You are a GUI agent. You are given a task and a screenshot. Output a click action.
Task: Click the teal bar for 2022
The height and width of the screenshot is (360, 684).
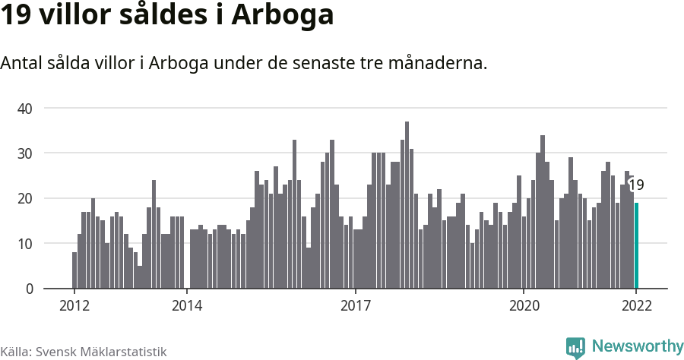636,245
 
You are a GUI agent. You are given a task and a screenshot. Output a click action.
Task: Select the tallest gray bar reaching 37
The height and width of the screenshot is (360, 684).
407,205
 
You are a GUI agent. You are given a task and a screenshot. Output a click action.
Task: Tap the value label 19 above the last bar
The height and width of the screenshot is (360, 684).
636,185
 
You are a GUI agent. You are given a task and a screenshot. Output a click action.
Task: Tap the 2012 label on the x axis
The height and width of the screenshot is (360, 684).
74,306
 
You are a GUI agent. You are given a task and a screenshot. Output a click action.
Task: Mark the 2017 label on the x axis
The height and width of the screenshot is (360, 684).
355,306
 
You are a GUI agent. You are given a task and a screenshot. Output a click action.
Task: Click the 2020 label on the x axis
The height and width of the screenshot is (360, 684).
524,306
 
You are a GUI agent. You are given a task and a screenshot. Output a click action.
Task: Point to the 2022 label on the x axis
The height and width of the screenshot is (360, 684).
636,306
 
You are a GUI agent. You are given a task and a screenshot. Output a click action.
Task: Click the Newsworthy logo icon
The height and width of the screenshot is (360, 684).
575,347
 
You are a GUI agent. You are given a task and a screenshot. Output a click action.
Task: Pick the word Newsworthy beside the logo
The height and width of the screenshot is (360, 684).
637,346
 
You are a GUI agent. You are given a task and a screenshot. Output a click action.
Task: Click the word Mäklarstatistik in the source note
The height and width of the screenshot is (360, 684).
124,352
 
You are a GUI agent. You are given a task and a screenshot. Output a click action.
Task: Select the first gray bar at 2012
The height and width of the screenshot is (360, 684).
74,270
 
